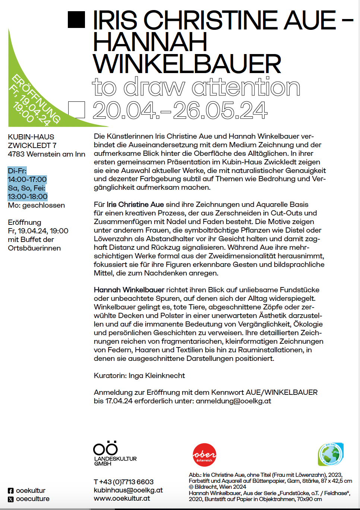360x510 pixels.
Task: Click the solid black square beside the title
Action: pos(76,19)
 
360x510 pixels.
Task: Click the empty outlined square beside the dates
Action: pos(76,110)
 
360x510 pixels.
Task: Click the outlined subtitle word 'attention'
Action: pos(246,87)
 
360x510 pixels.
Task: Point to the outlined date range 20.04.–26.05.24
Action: pos(180,110)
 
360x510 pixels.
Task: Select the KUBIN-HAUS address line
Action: pos(31,137)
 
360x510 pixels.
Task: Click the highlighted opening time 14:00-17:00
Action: pos(27,179)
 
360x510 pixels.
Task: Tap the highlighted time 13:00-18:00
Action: pos(28,196)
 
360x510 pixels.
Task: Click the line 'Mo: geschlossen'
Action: pos(36,205)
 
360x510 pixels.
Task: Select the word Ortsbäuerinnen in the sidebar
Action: pos(34,248)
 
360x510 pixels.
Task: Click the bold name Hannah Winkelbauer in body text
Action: pos(129,290)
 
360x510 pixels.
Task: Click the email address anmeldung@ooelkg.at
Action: pos(233,401)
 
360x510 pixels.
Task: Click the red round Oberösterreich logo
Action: pos(204,455)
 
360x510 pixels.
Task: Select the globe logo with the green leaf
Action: pos(331,454)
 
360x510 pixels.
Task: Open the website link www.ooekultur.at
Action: pos(122,498)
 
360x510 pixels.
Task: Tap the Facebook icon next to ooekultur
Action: pos(11,491)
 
